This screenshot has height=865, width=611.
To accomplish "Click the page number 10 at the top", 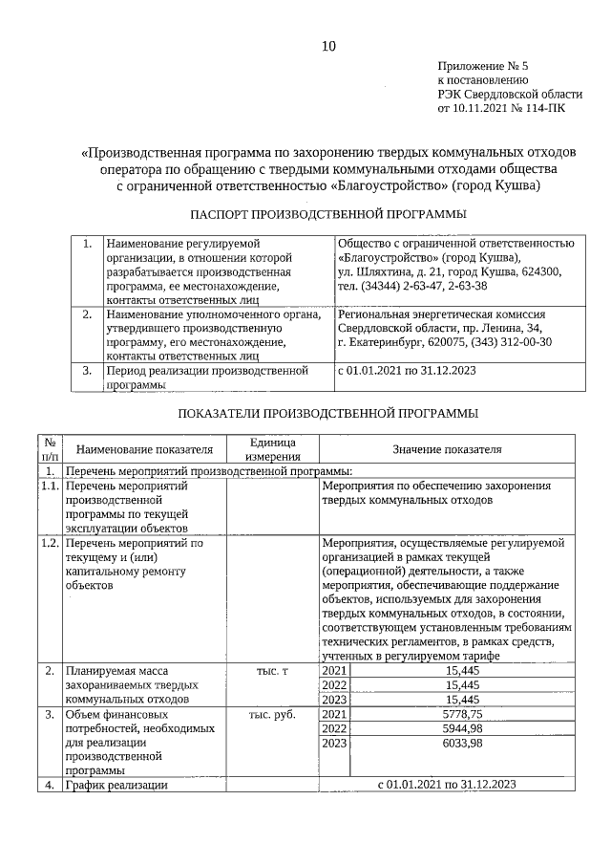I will click(328, 46).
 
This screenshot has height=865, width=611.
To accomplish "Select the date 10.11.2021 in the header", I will click(474, 109).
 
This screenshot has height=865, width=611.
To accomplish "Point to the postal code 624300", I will click(539, 272).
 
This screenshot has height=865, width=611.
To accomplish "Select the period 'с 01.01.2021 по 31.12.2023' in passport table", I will click(407, 370).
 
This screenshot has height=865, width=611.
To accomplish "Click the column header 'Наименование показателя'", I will click(143, 449).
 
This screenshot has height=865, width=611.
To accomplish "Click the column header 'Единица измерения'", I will click(272, 449).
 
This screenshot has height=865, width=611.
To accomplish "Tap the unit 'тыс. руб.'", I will click(272, 714).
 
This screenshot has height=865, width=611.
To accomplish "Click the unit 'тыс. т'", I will click(272, 671).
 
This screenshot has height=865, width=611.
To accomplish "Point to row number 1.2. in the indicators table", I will click(50, 543).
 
